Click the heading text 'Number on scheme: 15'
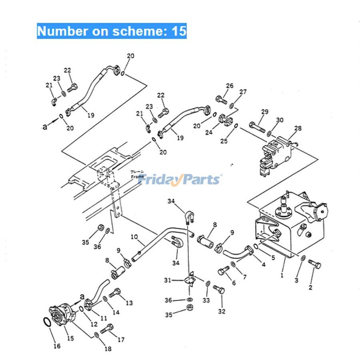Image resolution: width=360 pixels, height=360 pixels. [112, 31]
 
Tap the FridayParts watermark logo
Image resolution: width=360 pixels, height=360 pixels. [180, 179]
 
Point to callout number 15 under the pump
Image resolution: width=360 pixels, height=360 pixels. [70, 338]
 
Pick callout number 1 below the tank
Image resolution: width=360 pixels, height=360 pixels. [282, 275]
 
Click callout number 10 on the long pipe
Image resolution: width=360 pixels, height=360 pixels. [134, 237]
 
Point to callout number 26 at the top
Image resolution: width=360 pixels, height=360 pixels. [229, 86]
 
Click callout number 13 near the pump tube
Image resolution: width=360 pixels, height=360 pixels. [129, 303]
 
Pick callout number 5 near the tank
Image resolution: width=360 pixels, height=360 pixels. [273, 258]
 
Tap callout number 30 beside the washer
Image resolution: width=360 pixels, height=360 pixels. [280, 120]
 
